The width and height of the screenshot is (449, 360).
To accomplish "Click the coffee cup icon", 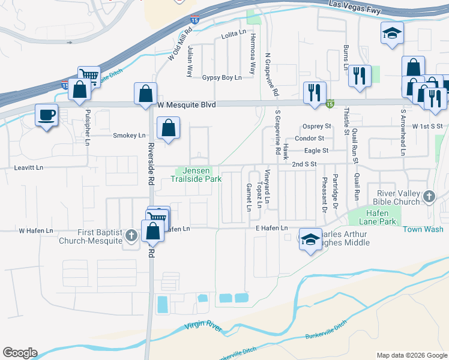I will [x=47, y=115].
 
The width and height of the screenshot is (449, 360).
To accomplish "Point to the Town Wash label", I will [x=423, y=229].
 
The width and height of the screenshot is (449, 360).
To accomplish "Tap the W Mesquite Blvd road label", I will [x=186, y=104].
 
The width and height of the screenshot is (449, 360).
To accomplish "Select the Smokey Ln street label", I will [x=129, y=136].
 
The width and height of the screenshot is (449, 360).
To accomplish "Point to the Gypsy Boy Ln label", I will [x=221, y=78].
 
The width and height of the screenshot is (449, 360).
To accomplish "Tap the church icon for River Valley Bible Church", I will [x=429, y=196].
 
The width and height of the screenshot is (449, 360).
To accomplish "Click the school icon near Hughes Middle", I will [x=309, y=239].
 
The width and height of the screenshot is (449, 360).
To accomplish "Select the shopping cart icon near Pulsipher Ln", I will [x=89, y=75].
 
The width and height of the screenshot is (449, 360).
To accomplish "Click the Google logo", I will [x=20, y=353].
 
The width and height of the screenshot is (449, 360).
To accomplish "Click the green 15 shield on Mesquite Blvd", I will [x=330, y=104].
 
